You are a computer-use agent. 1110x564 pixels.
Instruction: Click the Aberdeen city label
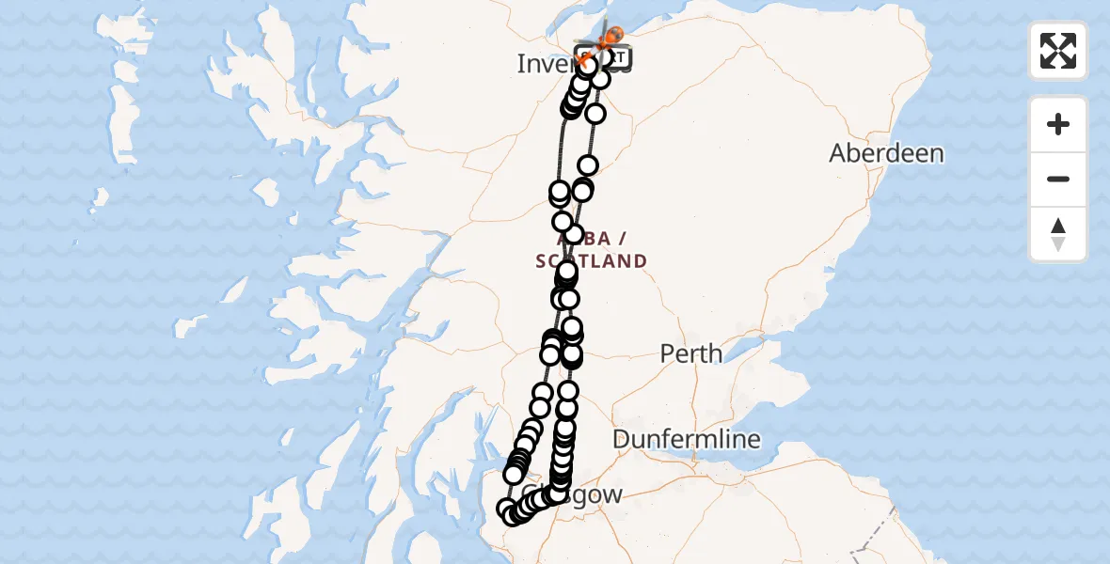coord(886,153)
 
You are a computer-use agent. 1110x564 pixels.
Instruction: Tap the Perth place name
coord(691,354)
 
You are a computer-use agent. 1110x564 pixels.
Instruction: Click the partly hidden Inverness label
coord(546,64)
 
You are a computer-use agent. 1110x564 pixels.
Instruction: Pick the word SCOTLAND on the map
coord(592,261)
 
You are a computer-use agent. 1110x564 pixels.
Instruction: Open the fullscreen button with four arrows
coord(1058,51)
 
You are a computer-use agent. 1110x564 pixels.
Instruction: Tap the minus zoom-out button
coord(1058,179)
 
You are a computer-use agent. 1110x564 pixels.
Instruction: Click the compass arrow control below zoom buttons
coord(1058,234)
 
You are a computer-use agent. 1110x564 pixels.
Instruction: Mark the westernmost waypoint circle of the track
coord(506,509)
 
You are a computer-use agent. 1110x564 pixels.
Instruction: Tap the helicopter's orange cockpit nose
coord(615,35)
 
